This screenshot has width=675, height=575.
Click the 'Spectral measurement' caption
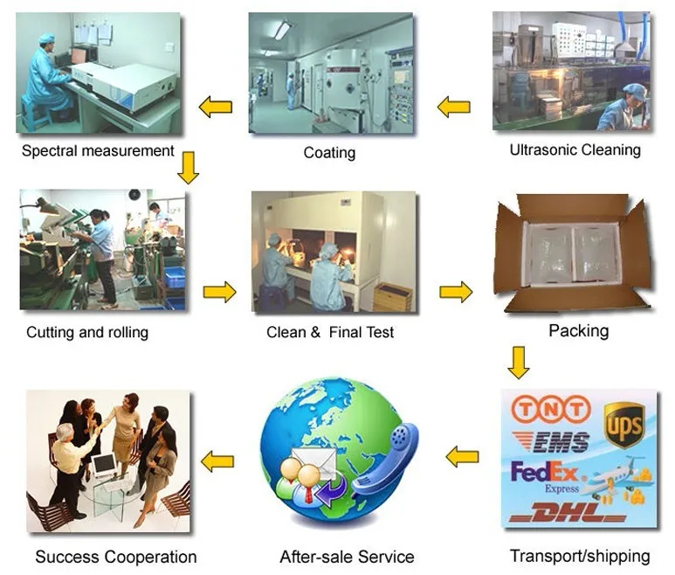click(98, 150)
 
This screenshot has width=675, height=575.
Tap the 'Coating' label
click(329, 153)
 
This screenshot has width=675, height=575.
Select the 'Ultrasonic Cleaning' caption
click(575, 150)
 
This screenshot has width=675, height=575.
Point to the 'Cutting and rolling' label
click(87, 332)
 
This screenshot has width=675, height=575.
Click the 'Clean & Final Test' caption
click(330, 332)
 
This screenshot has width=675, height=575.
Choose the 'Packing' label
click(578, 330)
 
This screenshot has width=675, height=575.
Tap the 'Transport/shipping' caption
click(579, 556)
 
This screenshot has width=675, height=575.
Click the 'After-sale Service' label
click(347, 557)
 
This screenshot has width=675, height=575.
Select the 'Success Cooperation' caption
click(115, 557)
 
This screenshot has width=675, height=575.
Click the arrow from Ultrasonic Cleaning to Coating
click(454, 107)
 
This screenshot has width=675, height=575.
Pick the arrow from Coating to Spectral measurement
click(215, 107)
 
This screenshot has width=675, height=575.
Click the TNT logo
click(550, 409)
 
